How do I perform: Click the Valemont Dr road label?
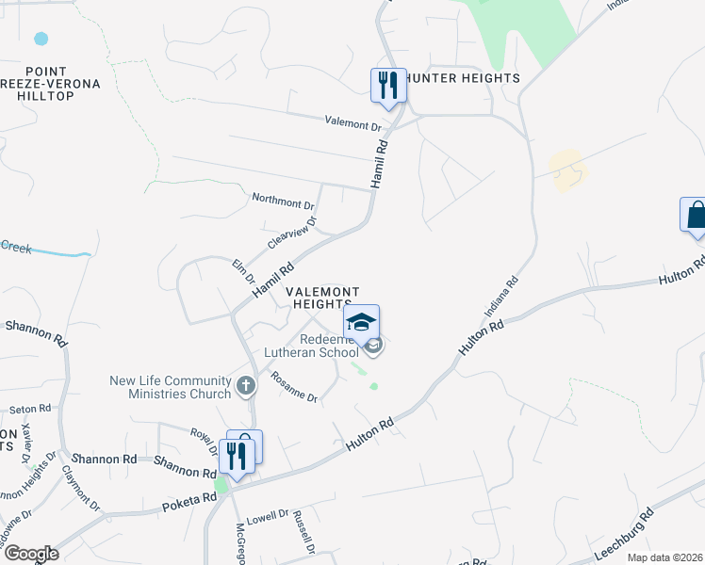(x=352, y=123)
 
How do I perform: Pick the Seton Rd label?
(x=28, y=410)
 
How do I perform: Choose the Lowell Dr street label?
(x=267, y=517)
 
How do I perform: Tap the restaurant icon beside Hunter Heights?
(x=387, y=85)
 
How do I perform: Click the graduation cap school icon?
(x=361, y=322)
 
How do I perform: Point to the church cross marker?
(x=245, y=384)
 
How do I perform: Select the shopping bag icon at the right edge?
(x=696, y=215)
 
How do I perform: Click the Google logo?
(x=31, y=554)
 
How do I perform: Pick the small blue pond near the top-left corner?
(x=41, y=40)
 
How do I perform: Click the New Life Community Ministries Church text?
(x=171, y=387)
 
